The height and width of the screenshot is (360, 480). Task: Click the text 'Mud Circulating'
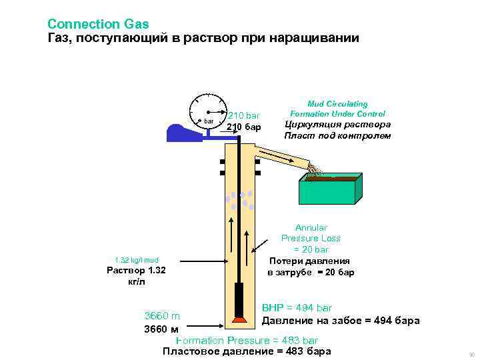(337, 104)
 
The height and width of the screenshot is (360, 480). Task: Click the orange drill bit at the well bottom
(239, 319)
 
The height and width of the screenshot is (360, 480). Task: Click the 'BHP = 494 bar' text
(297, 308)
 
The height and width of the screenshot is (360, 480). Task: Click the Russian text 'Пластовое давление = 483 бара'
(247, 351)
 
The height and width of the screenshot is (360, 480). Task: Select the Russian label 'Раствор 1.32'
(136, 271)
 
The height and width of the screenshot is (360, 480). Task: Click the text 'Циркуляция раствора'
(337, 125)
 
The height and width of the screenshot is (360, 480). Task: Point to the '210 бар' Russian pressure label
(243, 127)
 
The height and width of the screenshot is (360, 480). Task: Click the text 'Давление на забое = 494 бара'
(340, 321)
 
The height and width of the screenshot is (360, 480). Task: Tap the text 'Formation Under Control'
(337, 114)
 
